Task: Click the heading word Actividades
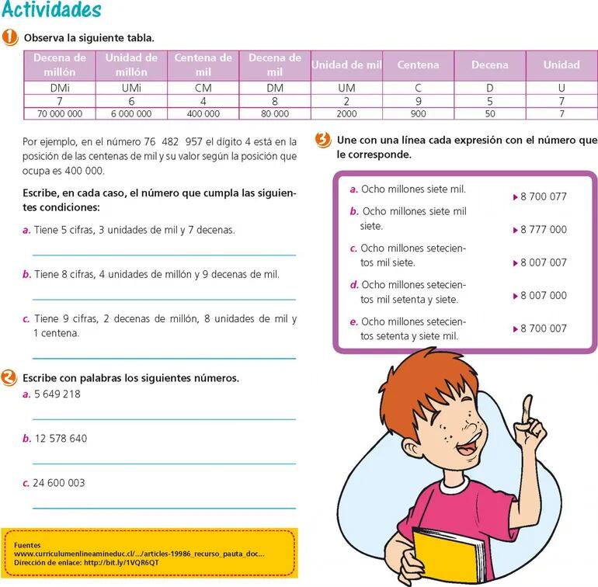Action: click(51, 11)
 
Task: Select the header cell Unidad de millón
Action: click(131, 64)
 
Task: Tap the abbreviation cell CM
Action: click(203, 88)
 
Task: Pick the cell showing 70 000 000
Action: click(60, 113)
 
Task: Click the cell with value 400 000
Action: click(203, 113)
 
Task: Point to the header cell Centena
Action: click(418, 65)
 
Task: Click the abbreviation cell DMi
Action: click(60, 88)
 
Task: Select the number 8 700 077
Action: click(544, 196)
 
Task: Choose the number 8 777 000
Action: click(544, 230)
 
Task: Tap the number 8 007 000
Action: click(544, 295)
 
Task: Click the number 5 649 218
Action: click(57, 394)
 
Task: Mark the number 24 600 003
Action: click(60, 483)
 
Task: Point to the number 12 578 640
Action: click(61, 439)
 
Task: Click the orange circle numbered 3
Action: click(323, 141)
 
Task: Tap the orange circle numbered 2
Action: click(9, 378)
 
